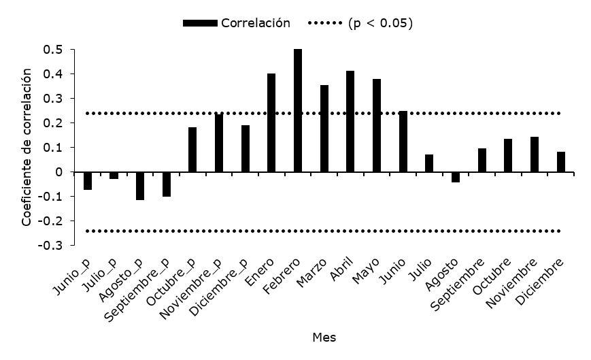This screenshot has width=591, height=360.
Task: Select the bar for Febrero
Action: coord(298,110)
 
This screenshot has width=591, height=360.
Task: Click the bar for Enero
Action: coord(271,122)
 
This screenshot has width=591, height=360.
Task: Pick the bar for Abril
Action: coord(350,121)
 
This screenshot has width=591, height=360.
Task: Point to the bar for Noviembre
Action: coord(535,154)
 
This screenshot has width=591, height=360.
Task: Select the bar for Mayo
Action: coord(377,125)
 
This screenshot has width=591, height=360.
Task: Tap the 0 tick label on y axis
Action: coord(60,172)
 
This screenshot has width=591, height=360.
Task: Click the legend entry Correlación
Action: coord(255,23)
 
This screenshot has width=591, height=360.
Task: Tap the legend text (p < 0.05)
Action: coord(380,23)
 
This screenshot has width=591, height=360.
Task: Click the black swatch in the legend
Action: coord(200,23)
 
